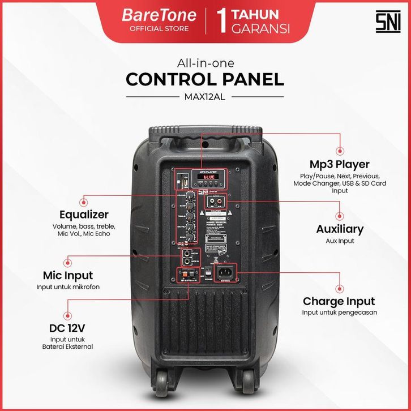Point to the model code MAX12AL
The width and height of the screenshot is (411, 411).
tap(205, 96)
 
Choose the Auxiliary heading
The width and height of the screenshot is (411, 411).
tap(340, 229)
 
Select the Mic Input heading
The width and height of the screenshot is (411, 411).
tap(68, 276)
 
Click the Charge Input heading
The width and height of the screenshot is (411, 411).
tap(339, 301)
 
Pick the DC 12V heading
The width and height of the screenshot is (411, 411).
tap(67, 328)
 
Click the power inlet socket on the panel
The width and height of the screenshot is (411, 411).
tap(231, 276)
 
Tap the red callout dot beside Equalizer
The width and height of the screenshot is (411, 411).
tap(85, 200)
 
